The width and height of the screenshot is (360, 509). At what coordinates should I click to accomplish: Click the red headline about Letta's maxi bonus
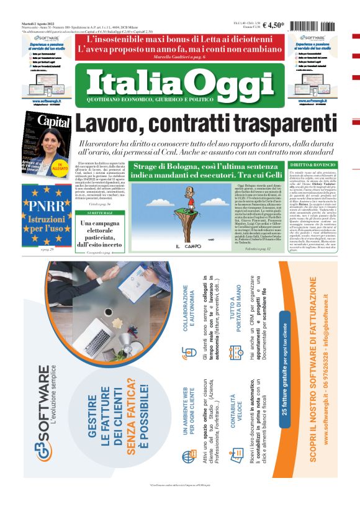(179, 43)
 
